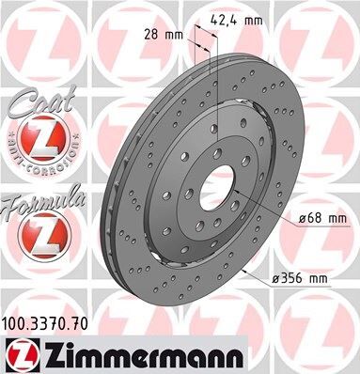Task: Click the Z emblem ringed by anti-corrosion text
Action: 34,144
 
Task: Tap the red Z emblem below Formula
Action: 34,231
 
